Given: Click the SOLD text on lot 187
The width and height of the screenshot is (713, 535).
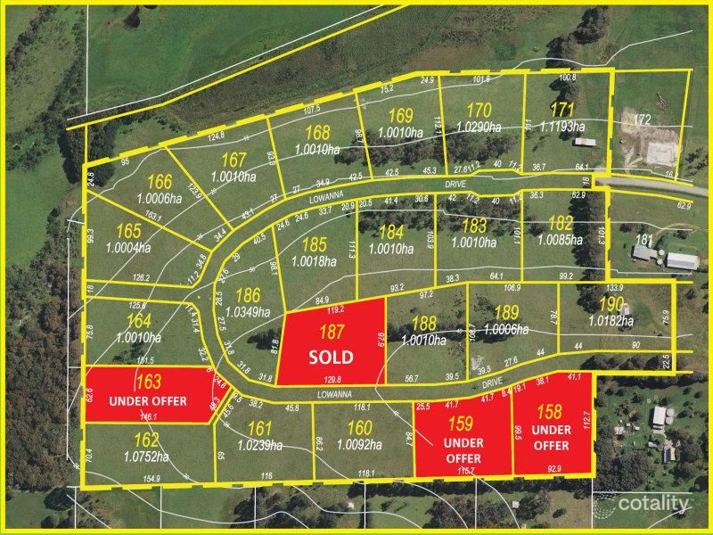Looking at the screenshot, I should point(332,358).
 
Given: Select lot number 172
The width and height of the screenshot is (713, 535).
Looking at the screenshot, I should point(643,119).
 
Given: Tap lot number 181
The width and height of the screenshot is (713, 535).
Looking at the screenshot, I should point(644,239).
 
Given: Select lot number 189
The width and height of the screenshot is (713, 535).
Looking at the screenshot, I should point(506,313).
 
